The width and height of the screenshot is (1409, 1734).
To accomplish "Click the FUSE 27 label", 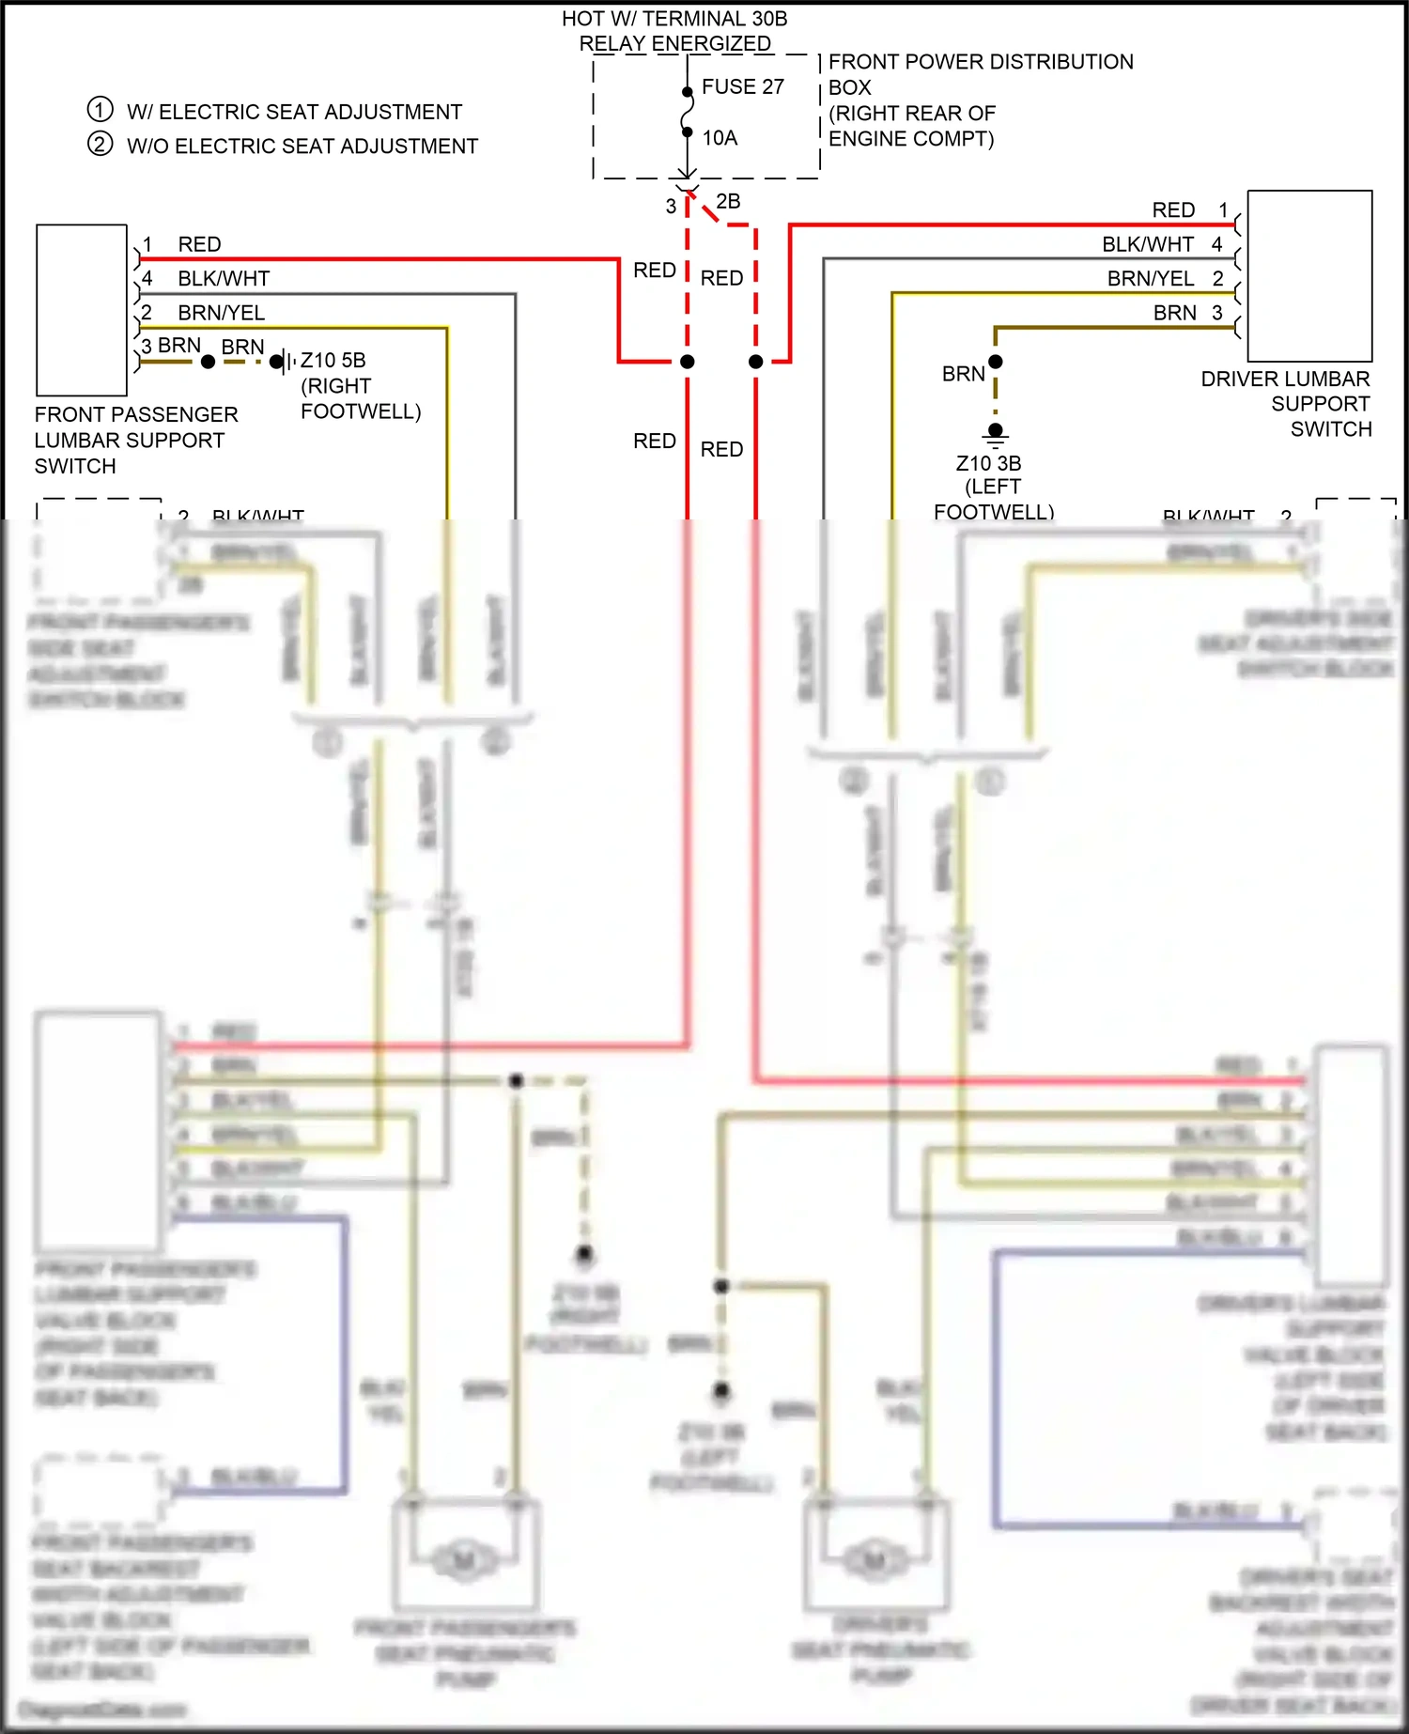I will pos(742,86).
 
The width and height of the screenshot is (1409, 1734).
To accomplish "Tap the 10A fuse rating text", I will pos(720,138).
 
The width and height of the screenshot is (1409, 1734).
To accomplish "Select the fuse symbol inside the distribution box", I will pos(688,113).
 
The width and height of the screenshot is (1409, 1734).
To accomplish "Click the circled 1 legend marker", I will pos(101,110).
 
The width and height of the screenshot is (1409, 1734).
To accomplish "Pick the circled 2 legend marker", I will pos(101,145).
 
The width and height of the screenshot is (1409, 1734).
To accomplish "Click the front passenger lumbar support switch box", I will pos(82,309).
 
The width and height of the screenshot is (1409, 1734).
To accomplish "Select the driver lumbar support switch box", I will pos(1309,275).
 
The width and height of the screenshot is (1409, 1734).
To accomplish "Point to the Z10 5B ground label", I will pos(333,361).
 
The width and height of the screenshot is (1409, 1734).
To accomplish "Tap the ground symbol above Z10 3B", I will pos(996,432).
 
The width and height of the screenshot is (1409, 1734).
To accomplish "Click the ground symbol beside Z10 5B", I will pos(281,362).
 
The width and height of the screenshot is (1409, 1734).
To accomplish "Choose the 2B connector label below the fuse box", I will pos(728,201).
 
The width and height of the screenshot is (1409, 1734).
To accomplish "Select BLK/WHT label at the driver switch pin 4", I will pos(1148,244).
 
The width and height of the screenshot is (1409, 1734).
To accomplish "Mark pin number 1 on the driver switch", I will pos(1223,209).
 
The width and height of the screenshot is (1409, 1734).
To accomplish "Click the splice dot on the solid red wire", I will pos(688,362).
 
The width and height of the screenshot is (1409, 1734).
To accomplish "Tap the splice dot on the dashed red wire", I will pos(756,362).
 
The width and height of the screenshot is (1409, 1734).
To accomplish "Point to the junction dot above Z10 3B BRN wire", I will pos(996,362).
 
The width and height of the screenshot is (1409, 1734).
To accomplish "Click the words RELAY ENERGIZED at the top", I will pos(674,43).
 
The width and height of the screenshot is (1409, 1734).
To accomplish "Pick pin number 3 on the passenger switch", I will pos(147,347).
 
